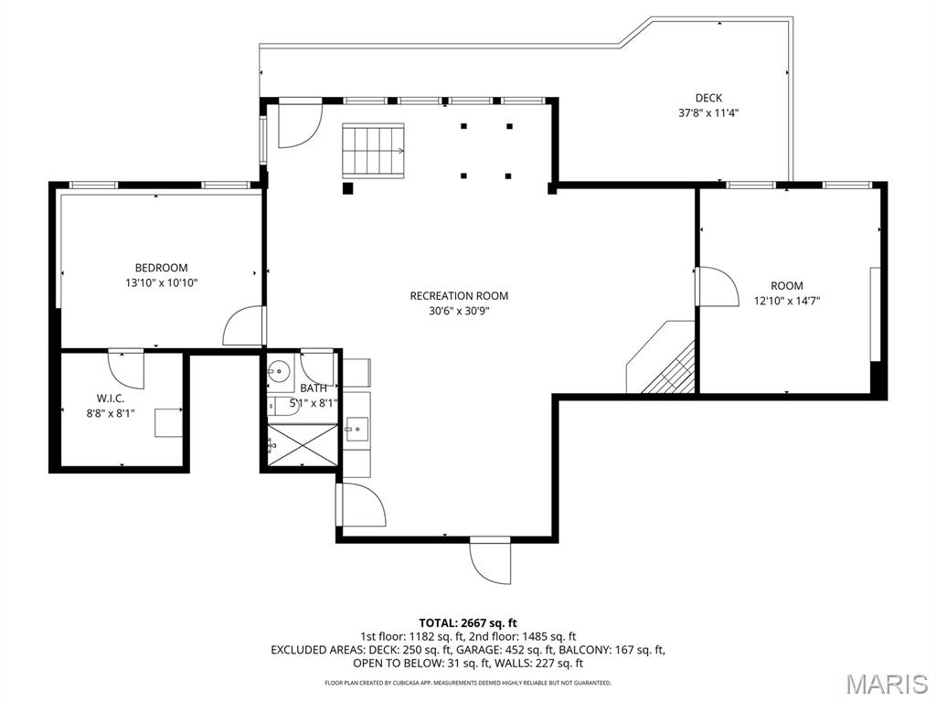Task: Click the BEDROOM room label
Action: [161, 268]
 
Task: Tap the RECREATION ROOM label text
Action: [459, 295]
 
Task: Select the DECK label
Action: [708, 98]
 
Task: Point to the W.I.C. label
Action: [111, 399]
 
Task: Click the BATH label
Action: [314, 388]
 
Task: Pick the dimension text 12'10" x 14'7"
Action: [787, 301]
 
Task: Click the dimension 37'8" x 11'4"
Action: [708, 112]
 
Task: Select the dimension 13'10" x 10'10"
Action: [161, 283]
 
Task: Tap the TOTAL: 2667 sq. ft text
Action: [468, 623]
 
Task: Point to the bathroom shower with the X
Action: [302, 445]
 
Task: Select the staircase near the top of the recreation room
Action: [373, 151]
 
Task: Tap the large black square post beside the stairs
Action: [348, 188]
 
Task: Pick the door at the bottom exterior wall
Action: [490, 560]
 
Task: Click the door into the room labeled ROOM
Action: [718, 286]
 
